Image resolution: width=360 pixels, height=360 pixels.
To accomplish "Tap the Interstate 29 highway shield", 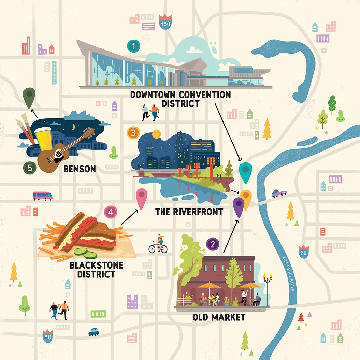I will coord(303,251).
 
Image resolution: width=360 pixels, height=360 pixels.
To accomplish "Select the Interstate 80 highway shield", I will coord(48,335).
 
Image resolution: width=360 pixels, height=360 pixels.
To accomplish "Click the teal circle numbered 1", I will coord(133,46).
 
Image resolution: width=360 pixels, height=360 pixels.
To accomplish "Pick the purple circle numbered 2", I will coord(213,244).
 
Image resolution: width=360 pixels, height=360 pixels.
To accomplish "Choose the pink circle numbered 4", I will coord(110,212).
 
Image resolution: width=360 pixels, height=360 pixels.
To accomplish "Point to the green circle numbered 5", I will coord(30,168).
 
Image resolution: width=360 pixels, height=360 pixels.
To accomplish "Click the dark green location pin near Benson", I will coord(29,96).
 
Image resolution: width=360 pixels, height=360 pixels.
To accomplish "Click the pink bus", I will coord(43,196).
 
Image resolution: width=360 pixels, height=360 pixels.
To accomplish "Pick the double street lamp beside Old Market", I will coord(267,287).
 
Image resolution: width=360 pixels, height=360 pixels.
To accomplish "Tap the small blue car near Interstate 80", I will coord(93,332).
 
